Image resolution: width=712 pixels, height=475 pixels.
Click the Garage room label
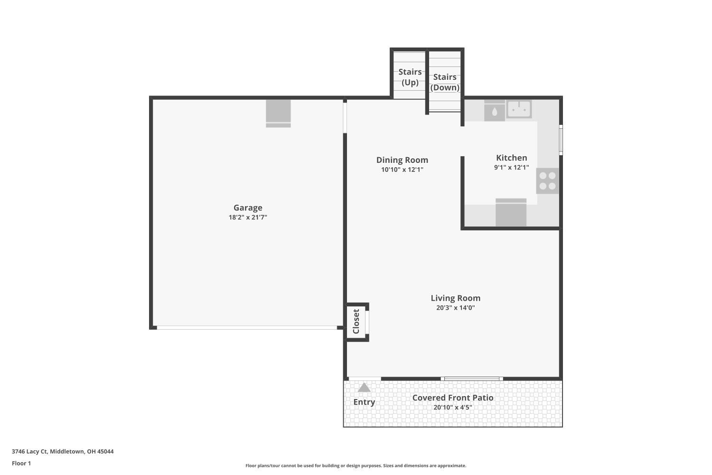tap(248, 208)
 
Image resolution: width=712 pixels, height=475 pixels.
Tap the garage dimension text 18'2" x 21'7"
tap(248, 218)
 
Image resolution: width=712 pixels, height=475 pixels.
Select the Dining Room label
tap(402, 160)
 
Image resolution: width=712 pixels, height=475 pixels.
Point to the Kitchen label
tap(511, 158)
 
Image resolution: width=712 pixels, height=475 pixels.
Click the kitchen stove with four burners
tap(547, 181)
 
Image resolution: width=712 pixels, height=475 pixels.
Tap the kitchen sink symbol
tap(519, 109)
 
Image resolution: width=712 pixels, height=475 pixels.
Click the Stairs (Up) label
tap(410, 77)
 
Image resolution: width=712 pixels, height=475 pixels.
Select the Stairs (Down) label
tap(445, 82)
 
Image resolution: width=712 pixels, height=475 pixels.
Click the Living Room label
tap(455, 298)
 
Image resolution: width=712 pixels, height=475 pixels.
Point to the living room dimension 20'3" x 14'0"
tap(455, 308)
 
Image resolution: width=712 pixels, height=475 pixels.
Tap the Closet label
tap(356, 322)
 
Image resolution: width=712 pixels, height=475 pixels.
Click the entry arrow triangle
tap(364, 388)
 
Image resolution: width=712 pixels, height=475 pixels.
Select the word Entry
tap(364, 402)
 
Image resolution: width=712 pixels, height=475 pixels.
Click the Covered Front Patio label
tap(452, 398)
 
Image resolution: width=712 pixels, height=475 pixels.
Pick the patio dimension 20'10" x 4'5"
tap(452, 408)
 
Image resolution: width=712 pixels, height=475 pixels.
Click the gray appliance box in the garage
tap(278, 113)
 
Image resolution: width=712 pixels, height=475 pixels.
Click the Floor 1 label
tap(21, 463)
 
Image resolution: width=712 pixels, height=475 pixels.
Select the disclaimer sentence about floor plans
tap(356, 465)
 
